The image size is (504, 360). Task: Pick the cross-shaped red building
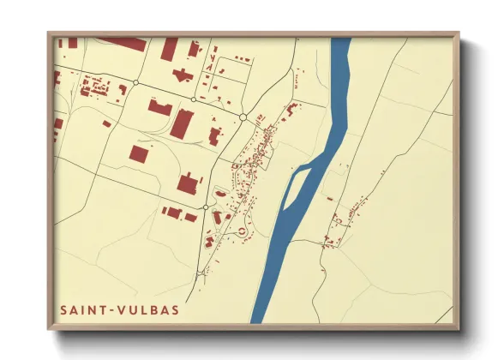pyautogui.click(x=182, y=75)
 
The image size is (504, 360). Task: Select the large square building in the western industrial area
pyautogui.click(x=139, y=154)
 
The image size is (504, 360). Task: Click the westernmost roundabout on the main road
pyautogui.click(x=136, y=83)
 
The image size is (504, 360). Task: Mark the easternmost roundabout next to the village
pyautogui.click(x=243, y=117)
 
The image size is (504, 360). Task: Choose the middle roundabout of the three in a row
pyautogui.click(x=191, y=99)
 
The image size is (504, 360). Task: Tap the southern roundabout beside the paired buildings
pyautogui.click(x=206, y=207)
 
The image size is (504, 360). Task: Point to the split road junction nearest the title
pyautogui.click(x=201, y=273)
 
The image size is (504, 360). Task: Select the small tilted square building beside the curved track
pyautogui.click(x=106, y=123)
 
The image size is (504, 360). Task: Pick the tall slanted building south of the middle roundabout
pyautogui.click(x=182, y=124)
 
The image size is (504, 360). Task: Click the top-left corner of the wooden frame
pyautogui.click(x=49, y=33)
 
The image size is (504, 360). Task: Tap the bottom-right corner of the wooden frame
pyautogui.click(x=459, y=329)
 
